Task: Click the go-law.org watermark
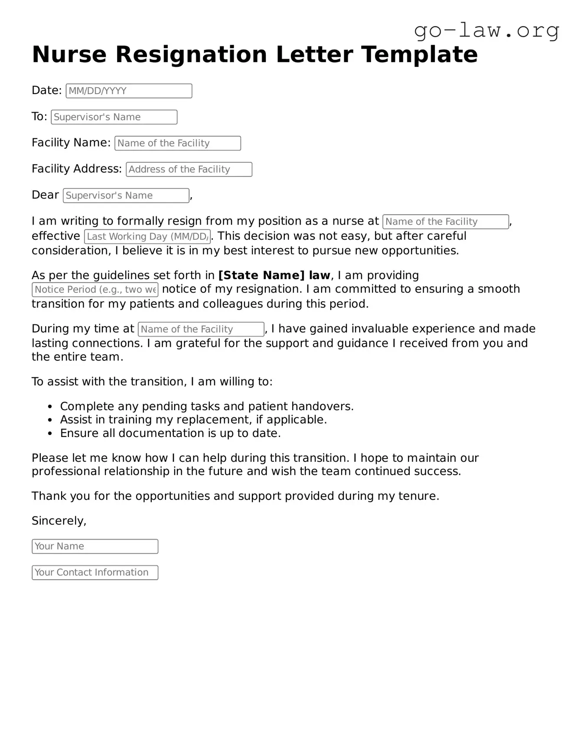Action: pyautogui.click(x=486, y=30)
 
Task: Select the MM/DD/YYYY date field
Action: pyautogui.click(x=129, y=91)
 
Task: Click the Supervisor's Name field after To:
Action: pyautogui.click(x=114, y=117)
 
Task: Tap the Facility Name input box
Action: pyautogui.click(x=178, y=143)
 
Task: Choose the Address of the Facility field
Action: pyautogui.click(x=189, y=170)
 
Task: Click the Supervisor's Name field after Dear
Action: pyautogui.click(x=126, y=196)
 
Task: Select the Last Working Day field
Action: pyautogui.click(x=147, y=237)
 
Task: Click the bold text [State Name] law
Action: pyautogui.click(x=274, y=275)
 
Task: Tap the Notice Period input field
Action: pyautogui.click(x=95, y=290)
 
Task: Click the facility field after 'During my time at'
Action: pyautogui.click(x=201, y=329)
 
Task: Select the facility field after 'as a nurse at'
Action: pyautogui.click(x=446, y=222)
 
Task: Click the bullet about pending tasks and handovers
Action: pyautogui.click(x=207, y=406)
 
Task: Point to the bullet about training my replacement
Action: pyautogui.click(x=193, y=420)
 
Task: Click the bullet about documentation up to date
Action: pyautogui.click(x=170, y=433)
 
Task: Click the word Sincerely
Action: pyautogui.click(x=59, y=521)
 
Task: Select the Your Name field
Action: pyautogui.click(x=95, y=546)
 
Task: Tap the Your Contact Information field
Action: pyautogui.click(x=95, y=573)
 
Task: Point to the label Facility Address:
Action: pyautogui.click(x=77, y=169)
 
